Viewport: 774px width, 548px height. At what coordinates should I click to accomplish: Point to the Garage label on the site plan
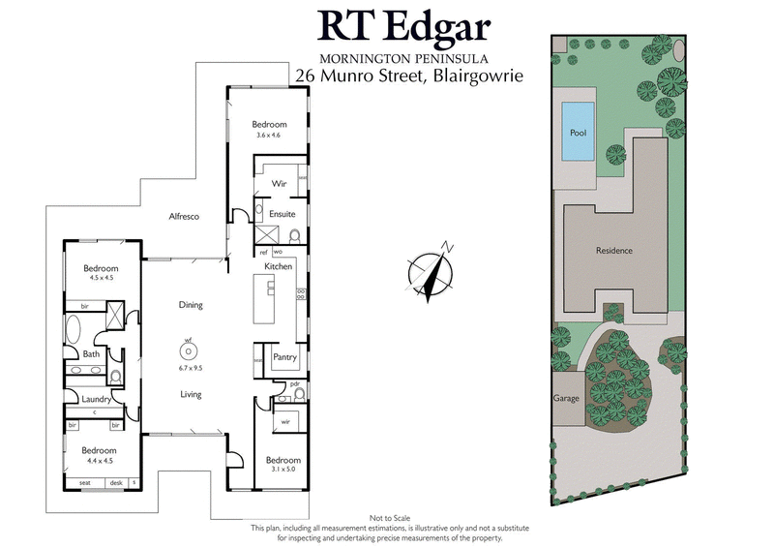pyautogui.click(x=565, y=398)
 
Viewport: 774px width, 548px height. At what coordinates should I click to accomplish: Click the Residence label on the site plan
pyautogui.click(x=613, y=251)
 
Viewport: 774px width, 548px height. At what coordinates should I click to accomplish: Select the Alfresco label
pyautogui.click(x=183, y=216)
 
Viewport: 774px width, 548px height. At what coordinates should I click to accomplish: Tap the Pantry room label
pyautogui.click(x=284, y=357)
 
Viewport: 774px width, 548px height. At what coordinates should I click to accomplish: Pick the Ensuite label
pyautogui.click(x=283, y=213)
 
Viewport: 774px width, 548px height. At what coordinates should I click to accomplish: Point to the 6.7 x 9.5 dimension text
pyautogui.click(x=190, y=368)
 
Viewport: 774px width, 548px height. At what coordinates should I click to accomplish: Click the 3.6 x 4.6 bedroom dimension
pyautogui.click(x=268, y=135)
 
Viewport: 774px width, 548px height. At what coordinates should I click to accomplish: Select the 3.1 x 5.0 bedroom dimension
pyautogui.click(x=283, y=471)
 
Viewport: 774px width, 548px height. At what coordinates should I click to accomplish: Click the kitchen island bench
pyautogui.click(x=261, y=299)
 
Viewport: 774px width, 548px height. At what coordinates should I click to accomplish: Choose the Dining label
pyautogui.click(x=191, y=305)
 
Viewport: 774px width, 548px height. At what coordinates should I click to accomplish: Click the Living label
pyautogui.click(x=190, y=394)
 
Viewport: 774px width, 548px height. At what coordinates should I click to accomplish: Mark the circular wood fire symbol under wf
pyautogui.click(x=190, y=351)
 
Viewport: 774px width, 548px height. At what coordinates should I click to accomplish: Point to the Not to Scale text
pyautogui.click(x=391, y=519)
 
